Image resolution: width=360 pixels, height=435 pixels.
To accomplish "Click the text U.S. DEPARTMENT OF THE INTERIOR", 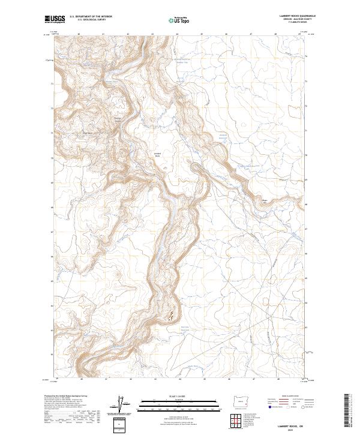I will coord(91,17).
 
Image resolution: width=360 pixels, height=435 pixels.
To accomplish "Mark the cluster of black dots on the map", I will coord(172,314).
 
